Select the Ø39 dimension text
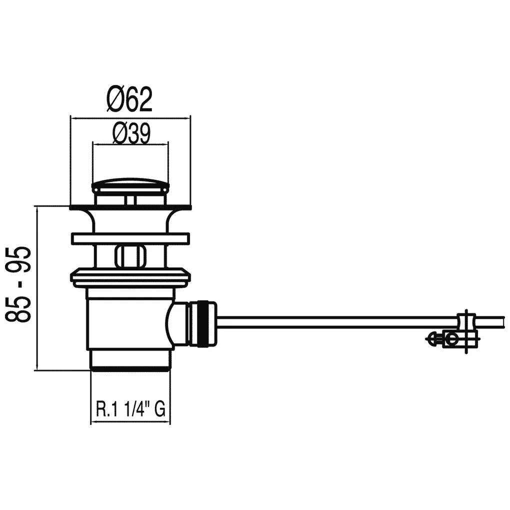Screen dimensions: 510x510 [131, 133]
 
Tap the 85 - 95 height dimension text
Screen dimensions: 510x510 [18, 284]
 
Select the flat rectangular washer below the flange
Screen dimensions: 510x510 [130, 238]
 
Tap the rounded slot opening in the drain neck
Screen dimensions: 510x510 [130, 256]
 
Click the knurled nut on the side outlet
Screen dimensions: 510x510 [203, 322]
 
